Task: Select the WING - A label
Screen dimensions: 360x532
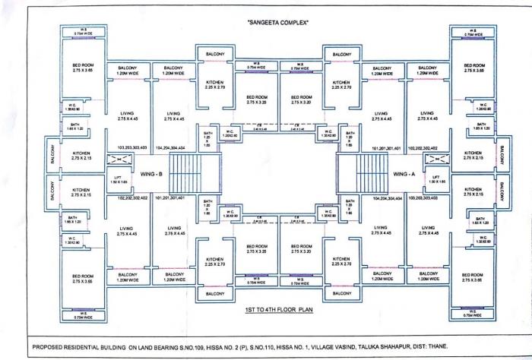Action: (404, 173)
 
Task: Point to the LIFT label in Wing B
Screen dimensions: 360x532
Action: (118, 178)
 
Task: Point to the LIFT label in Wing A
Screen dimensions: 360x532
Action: (435, 178)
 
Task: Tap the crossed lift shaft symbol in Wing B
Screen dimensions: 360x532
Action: (118, 160)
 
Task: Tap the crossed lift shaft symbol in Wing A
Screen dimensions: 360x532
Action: (435, 160)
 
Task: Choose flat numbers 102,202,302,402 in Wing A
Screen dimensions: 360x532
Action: (425, 147)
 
